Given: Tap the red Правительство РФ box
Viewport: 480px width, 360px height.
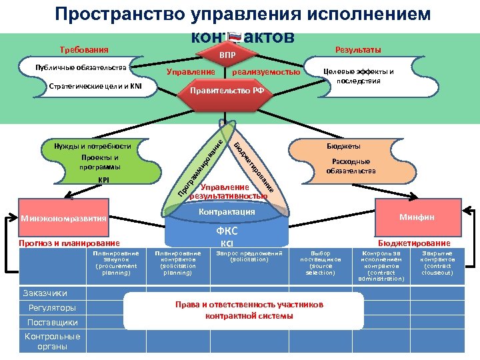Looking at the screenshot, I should point(227,91).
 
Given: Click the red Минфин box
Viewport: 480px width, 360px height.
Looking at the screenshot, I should point(417,217).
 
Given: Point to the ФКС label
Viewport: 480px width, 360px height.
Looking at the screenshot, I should point(227,231).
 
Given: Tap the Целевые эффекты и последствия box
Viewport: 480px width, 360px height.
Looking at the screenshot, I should point(358,76).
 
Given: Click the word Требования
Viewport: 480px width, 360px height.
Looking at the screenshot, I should point(83,50).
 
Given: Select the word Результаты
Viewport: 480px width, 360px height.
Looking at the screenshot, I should point(358,50).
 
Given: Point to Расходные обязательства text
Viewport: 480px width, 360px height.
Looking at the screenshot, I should point(351,166).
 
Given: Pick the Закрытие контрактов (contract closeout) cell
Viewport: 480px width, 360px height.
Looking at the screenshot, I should point(438,263).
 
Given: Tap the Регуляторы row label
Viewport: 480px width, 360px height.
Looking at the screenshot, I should point(52,307).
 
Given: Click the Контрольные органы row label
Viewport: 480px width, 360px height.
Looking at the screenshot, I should point(52,341).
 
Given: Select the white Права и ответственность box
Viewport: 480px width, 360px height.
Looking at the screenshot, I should point(248,310).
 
